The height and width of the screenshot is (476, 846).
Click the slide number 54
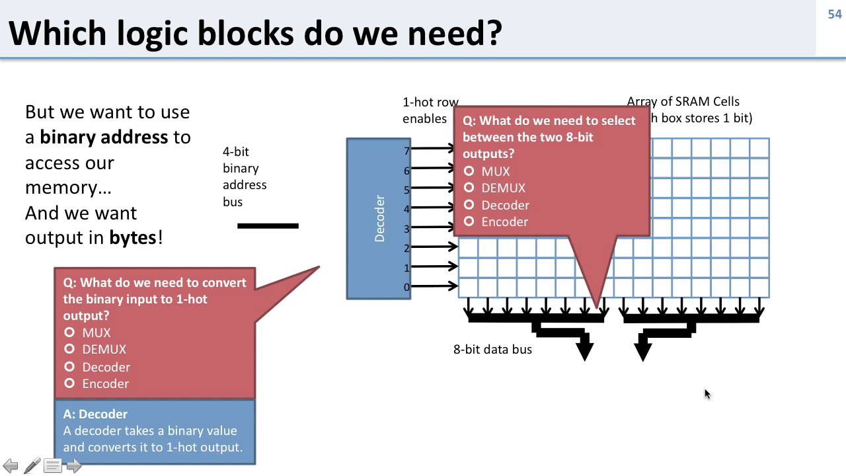834,14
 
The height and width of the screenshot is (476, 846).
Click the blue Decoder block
379,218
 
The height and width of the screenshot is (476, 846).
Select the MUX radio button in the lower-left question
69,333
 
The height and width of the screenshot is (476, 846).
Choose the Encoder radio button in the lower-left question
69,383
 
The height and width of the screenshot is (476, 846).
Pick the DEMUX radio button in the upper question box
469,188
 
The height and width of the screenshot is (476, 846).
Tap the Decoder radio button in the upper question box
469,205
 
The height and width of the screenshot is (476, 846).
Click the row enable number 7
407,151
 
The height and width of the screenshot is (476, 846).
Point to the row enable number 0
407,287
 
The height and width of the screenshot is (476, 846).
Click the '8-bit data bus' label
492,349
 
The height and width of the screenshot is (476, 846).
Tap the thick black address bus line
268,226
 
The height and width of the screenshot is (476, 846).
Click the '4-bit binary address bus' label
244,177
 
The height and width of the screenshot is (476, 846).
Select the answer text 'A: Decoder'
95,414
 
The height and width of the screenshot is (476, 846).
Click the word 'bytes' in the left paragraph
133,237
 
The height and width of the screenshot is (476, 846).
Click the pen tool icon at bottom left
32,466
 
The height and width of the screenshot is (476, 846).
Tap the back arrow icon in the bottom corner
11,466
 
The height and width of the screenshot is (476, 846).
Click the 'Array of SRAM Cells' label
683,102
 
